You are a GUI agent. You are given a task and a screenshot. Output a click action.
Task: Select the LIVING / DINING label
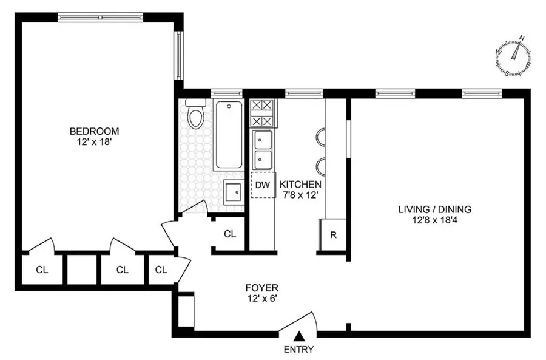(434, 210)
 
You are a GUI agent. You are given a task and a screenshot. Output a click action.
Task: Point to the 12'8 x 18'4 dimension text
(434, 221)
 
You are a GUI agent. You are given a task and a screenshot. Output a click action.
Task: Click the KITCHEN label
(300, 184)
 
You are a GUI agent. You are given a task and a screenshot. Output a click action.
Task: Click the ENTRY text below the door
(298, 350)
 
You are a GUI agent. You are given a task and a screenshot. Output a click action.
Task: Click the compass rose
(514, 58)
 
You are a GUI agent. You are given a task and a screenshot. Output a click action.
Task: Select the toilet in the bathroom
(195, 115)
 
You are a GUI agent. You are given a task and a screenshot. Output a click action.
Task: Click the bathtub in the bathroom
(229, 135)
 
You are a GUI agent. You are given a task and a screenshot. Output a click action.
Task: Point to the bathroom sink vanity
(234, 193)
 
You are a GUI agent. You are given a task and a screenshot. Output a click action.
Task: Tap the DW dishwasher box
(261, 185)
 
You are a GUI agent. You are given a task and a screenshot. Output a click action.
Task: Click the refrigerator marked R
(333, 234)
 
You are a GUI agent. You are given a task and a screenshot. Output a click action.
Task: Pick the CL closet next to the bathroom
(229, 234)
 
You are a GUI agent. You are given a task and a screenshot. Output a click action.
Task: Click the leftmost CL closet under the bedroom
(41, 269)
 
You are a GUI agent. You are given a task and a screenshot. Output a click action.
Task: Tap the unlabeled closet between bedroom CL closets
(81, 269)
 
